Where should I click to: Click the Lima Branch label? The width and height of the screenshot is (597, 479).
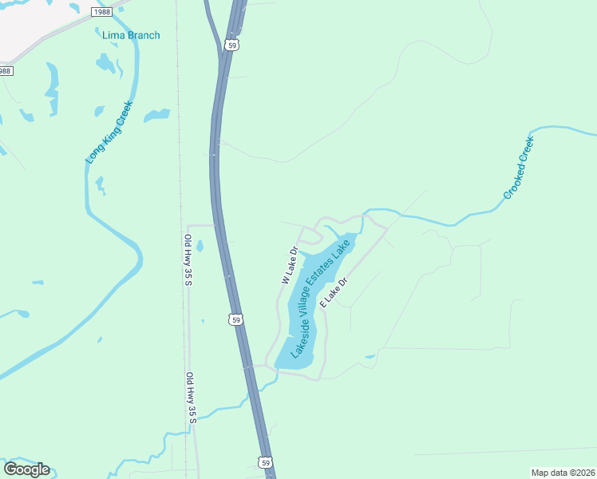(x=131, y=35)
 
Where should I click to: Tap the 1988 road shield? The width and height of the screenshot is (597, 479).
(x=101, y=12)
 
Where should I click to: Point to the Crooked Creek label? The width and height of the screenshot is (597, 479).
(x=518, y=168)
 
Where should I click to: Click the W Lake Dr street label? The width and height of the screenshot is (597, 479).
(x=289, y=266)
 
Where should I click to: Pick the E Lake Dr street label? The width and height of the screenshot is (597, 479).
(x=334, y=293)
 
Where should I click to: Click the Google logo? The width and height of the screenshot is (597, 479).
(x=26, y=469)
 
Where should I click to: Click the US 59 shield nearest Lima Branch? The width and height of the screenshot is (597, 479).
(x=231, y=46)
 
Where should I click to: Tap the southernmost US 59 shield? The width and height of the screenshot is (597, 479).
(x=265, y=461)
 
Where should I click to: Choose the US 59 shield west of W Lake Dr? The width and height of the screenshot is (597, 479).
(x=235, y=319)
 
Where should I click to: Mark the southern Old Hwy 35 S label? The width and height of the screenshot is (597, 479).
(x=190, y=398)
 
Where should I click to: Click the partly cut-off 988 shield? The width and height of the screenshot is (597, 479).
(x=6, y=71)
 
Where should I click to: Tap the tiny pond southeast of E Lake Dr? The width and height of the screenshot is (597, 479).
(x=369, y=356)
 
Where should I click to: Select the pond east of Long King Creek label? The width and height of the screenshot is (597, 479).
(x=156, y=115)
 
